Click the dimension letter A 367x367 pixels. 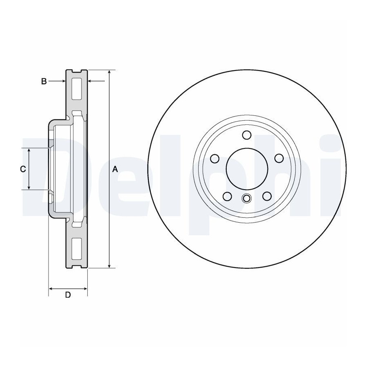coord(115,169)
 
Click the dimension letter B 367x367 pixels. coord(44,82)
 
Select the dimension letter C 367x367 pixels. coord(23,169)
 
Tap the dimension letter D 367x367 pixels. coord(68,295)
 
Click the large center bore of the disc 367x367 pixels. coord(247,168)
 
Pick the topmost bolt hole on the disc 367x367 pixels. coord(247,135)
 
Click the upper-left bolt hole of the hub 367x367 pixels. coord(214,159)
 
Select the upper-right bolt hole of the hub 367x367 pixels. coord(279,159)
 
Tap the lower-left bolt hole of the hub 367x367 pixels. coord(227,196)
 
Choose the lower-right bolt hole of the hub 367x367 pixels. coord(267,196)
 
